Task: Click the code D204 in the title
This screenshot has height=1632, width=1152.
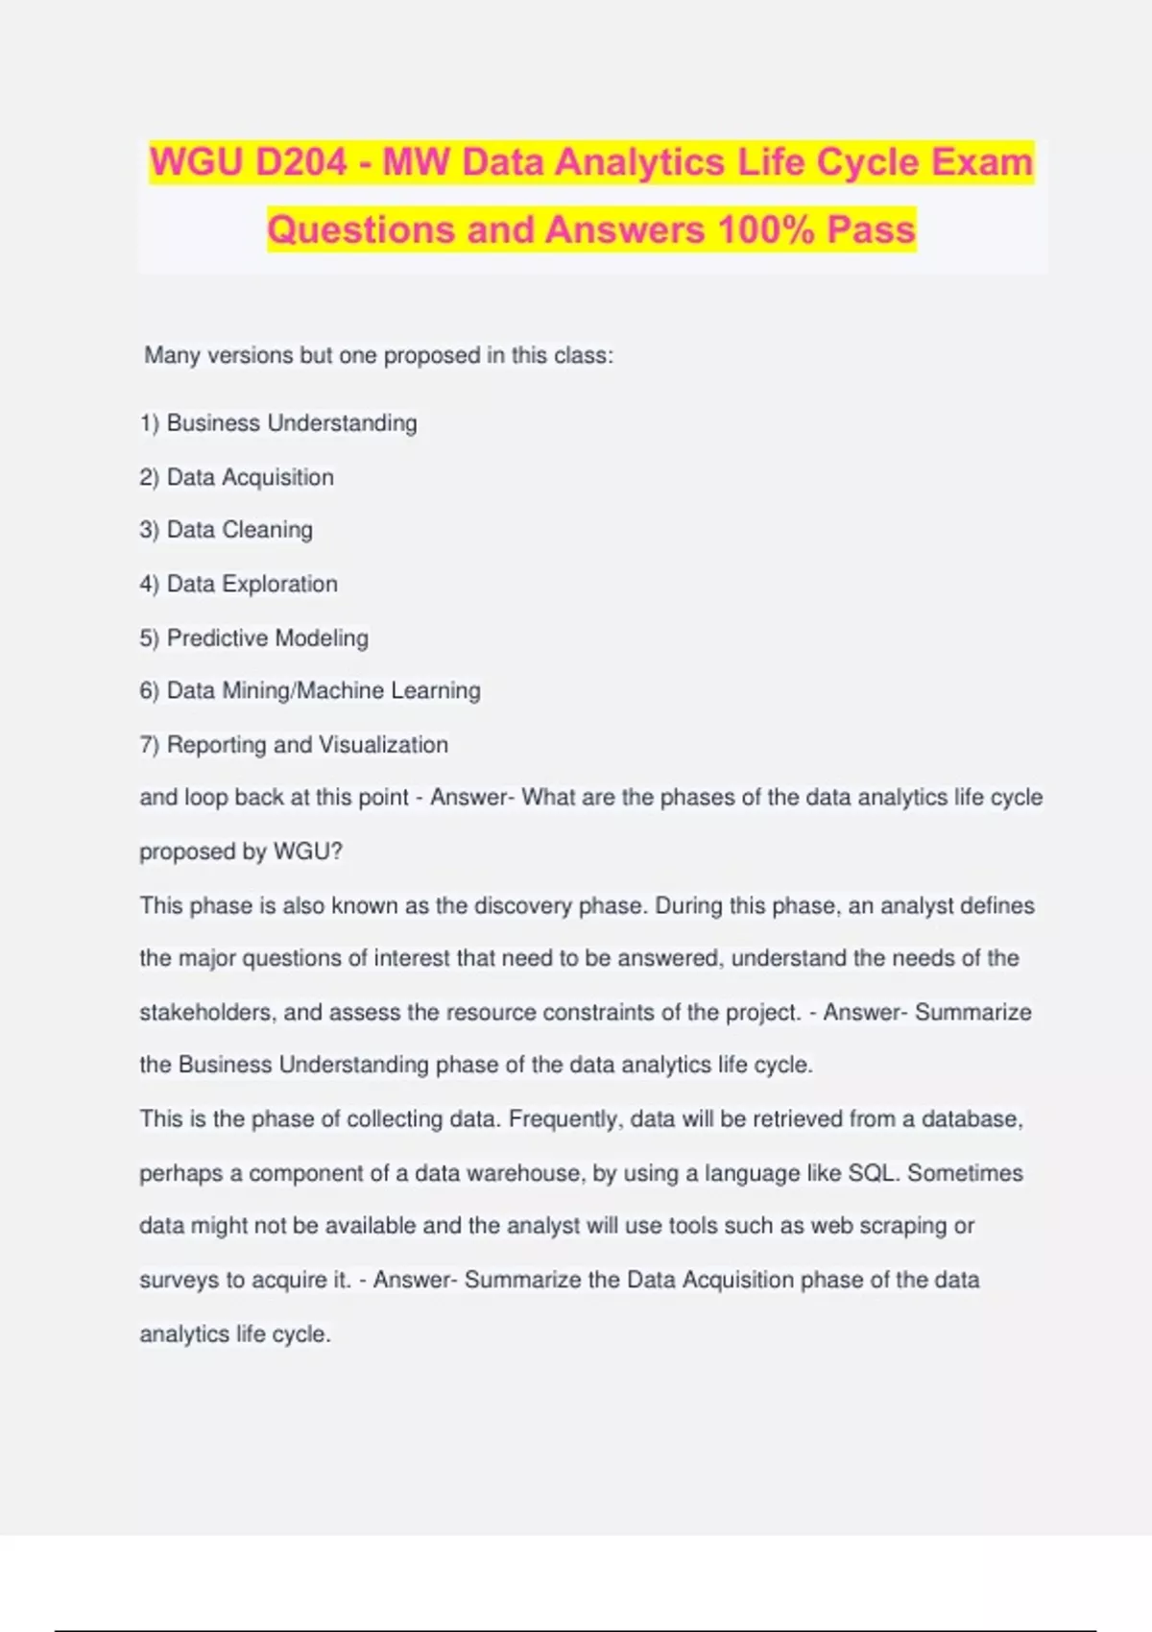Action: (x=300, y=162)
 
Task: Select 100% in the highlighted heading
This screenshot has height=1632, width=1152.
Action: (x=766, y=230)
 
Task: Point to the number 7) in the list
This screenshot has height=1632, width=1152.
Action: (x=149, y=745)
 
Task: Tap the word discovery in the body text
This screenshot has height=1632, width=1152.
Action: (x=522, y=905)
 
